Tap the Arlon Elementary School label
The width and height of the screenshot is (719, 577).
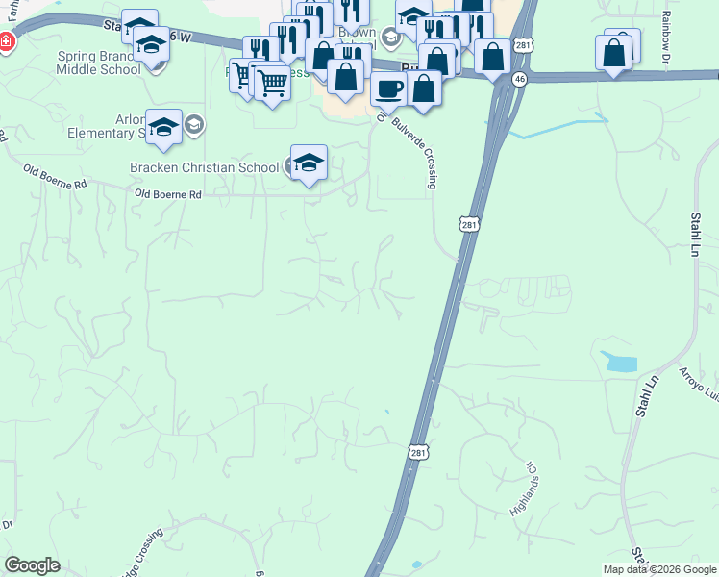click(x=106, y=127)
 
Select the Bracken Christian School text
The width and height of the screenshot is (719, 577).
click(x=204, y=166)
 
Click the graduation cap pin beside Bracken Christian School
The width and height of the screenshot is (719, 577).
click(x=309, y=163)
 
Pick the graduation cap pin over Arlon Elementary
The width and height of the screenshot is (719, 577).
click(x=163, y=127)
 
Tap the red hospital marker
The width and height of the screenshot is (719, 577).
click(x=6, y=42)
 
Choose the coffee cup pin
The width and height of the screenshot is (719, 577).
click(x=388, y=88)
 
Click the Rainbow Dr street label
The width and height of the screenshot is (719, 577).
click(x=665, y=37)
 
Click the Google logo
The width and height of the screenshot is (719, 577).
click(x=32, y=565)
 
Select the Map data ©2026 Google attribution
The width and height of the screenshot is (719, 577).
click(x=659, y=569)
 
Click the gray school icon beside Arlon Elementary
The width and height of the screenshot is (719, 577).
click(x=193, y=123)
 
